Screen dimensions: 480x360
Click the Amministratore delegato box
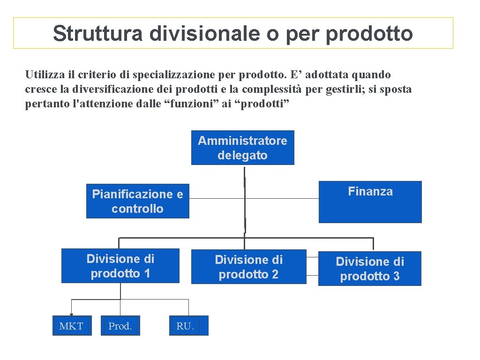(x=242, y=148)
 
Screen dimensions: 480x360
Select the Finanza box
(x=370, y=202)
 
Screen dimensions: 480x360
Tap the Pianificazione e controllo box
(x=137, y=201)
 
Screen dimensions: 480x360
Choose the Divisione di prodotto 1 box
(x=120, y=266)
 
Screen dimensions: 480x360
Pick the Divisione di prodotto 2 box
(x=248, y=267)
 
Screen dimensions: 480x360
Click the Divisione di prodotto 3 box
(x=369, y=269)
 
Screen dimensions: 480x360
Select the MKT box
(x=71, y=326)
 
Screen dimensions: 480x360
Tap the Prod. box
(x=120, y=326)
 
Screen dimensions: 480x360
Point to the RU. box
(x=185, y=326)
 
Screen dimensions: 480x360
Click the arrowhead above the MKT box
(x=71, y=315)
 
